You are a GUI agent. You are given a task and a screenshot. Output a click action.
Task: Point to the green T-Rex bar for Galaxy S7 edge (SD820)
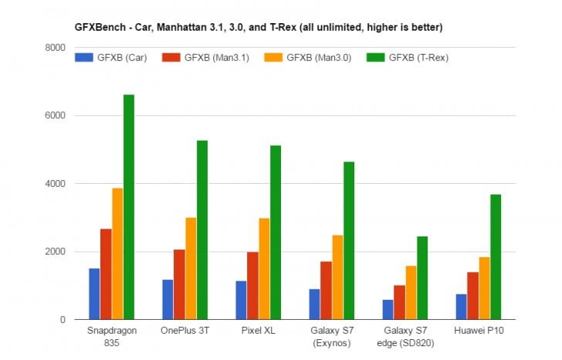(x=422, y=278)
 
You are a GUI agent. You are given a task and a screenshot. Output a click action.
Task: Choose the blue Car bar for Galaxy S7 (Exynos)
(x=314, y=304)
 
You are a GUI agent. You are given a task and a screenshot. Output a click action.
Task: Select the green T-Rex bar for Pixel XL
(x=276, y=233)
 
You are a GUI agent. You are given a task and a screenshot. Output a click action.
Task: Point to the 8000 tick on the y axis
(x=55, y=48)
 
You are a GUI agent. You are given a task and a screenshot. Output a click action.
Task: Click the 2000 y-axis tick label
(x=55, y=252)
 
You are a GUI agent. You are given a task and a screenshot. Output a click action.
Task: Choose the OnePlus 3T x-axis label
(x=185, y=331)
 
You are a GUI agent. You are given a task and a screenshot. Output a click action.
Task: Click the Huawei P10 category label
(x=479, y=331)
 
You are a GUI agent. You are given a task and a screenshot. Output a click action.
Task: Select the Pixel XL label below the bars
(x=258, y=331)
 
